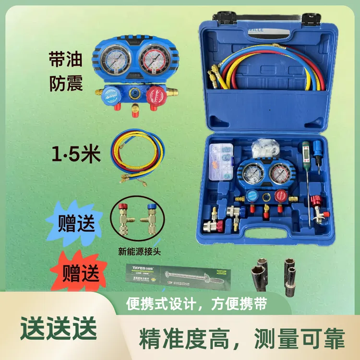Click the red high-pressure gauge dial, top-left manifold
pyautogui.click(x=152, y=61)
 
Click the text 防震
pyautogui.click(x=66, y=84)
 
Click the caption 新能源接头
pyautogui.click(x=139, y=250)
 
